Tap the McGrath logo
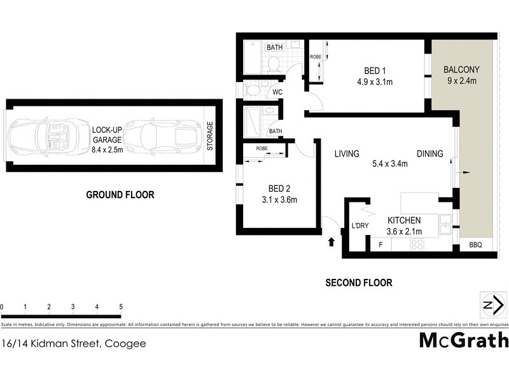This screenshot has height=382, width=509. (x=463, y=340)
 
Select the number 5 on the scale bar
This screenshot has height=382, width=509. (x=120, y=307)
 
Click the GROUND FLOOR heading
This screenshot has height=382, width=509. (x=120, y=195)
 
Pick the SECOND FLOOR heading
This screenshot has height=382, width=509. (x=358, y=283)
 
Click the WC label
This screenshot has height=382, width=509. (x=277, y=92)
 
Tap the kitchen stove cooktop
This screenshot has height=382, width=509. (x=417, y=244)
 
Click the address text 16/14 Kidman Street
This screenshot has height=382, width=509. (x=74, y=344)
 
